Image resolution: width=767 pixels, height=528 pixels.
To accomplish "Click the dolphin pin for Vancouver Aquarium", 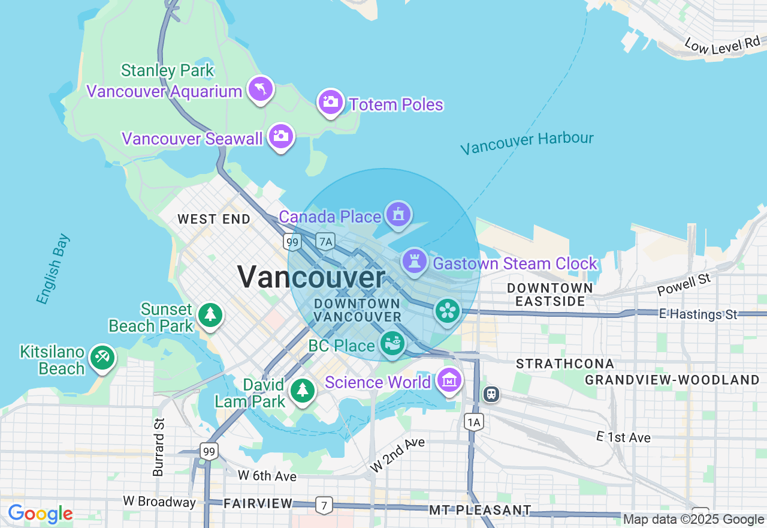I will pos(261,89).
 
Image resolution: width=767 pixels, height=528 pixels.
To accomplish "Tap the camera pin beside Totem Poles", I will pos(330,102).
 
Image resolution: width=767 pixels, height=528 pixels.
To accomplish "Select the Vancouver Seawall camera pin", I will pos(280,136).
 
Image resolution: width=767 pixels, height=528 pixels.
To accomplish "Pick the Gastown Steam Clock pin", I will pos(414,262).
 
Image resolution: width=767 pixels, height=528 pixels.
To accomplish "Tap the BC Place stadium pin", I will pos(392,344).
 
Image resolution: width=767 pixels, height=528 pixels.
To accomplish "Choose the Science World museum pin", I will pos(449,380).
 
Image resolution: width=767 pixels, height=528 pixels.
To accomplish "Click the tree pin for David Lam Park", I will pos(303,391).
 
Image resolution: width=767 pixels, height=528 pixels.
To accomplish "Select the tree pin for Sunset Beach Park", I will pos(210,315).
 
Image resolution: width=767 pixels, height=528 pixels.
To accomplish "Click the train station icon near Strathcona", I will pos(491,394).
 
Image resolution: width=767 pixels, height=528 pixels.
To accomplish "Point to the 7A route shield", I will pos(325,242).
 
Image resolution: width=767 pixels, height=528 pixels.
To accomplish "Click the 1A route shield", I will pos(474,422).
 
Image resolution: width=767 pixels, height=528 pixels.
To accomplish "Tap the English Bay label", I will pos(53,269).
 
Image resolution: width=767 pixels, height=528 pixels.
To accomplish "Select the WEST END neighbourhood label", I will pos(214,220).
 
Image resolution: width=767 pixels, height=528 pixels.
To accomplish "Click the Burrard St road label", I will pos(158,447).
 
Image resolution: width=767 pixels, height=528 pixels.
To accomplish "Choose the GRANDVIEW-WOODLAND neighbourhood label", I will pos(672,380).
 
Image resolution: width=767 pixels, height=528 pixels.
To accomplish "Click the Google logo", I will pos(40,514).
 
